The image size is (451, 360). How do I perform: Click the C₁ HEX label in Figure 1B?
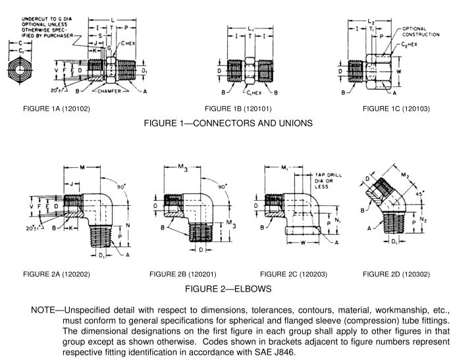point(248,93)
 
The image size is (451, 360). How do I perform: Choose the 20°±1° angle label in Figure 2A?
point(30,227)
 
